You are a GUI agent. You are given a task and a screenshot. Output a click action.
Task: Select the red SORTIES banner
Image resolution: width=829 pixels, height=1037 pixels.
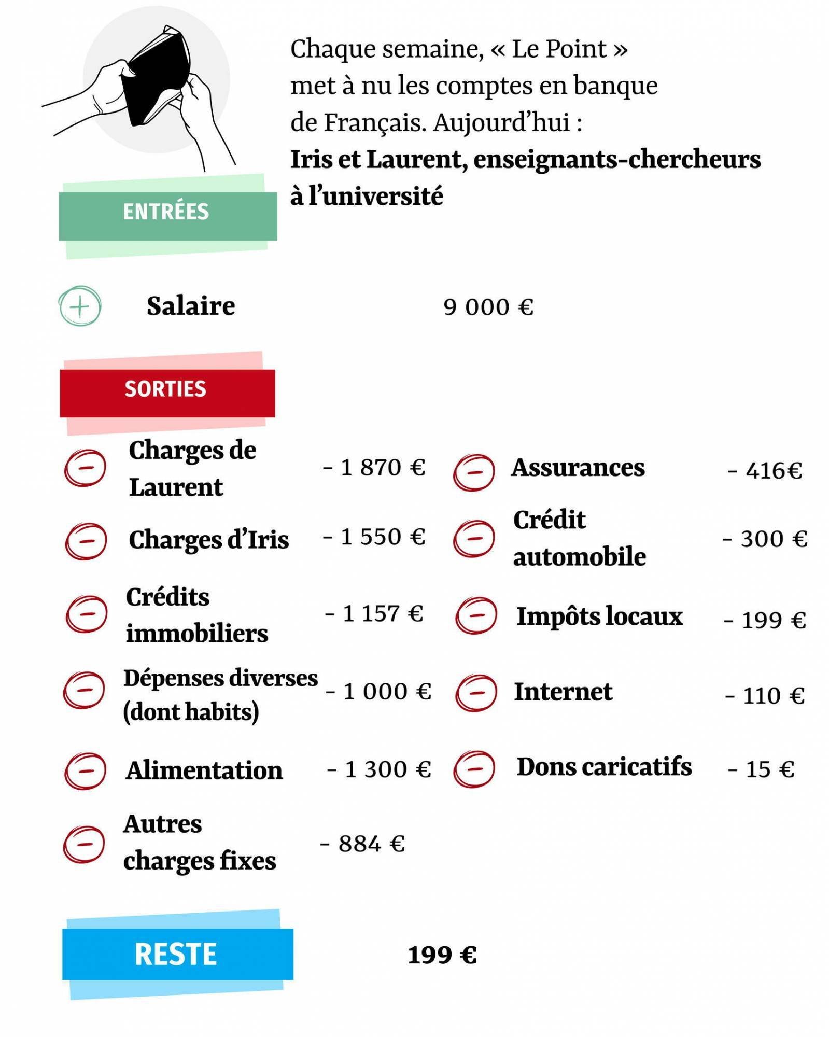pyautogui.click(x=167, y=393)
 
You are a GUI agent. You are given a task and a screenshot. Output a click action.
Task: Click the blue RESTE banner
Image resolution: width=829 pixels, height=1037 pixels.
pyautogui.click(x=177, y=954)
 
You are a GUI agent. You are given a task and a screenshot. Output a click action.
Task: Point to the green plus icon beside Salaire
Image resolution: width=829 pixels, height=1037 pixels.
pyautogui.click(x=79, y=306)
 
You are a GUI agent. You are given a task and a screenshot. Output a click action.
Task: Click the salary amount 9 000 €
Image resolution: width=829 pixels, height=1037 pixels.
pyautogui.click(x=488, y=307)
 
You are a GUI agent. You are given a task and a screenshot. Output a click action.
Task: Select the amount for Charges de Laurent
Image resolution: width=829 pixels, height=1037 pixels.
pyautogui.click(x=374, y=468)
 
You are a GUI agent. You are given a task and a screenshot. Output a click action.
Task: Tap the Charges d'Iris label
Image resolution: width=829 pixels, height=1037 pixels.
pyautogui.click(x=208, y=540)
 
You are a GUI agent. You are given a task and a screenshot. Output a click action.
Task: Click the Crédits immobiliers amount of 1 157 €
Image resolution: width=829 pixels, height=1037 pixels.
pyautogui.click(x=374, y=614)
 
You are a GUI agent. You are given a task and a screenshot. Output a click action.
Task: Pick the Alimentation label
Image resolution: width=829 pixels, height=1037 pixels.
pyautogui.click(x=204, y=770)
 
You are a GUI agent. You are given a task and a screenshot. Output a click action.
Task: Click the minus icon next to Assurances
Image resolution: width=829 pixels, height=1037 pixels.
pyautogui.click(x=474, y=472)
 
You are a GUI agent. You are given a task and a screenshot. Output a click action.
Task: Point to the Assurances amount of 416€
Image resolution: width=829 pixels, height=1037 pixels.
pyautogui.click(x=765, y=471)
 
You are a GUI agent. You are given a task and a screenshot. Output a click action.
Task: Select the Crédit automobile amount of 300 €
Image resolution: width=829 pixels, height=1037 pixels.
pyautogui.click(x=765, y=539)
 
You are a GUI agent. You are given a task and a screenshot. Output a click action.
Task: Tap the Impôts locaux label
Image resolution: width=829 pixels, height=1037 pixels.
pyautogui.click(x=599, y=616)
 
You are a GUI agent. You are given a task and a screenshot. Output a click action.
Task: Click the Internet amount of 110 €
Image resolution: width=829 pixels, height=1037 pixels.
pyautogui.click(x=765, y=696)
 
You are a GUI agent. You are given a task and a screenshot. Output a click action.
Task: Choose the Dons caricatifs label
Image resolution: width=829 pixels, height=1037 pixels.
pyautogui.click(x=604, y=767)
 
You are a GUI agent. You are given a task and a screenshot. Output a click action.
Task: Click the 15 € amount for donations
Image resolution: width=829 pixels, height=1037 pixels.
pyautogui.click(x=761, y=769)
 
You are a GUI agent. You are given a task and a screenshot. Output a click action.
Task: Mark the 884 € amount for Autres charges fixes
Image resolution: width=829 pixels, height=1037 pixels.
pyautogui.click(x=362, y=844)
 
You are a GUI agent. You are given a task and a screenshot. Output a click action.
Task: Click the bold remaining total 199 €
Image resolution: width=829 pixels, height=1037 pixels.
pyautogui.click(x=442, y=955)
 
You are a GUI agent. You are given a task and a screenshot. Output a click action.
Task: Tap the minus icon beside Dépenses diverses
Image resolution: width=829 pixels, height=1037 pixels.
pyautogui.click(x=83, y=690)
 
